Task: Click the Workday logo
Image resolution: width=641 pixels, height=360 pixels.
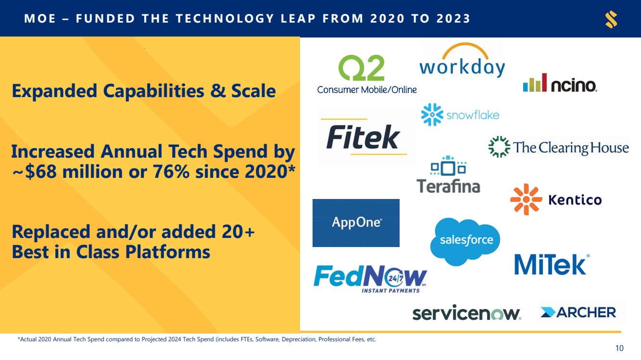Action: [462, 60]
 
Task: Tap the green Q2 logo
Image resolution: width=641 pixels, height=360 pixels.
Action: [361, 68]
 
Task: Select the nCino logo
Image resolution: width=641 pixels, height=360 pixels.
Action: [560, 83]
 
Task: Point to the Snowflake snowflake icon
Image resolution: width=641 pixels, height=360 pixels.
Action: [432, 115]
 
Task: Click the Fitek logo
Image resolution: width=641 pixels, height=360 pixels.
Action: [364, 137]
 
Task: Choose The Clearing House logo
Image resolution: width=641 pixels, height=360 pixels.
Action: [559, 147]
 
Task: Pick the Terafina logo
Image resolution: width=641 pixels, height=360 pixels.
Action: [449, 174]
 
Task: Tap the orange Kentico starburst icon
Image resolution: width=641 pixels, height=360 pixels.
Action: [526, 199]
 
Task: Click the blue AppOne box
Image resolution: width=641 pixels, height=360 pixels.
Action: [356, 223]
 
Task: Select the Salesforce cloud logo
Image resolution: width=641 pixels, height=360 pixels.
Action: [465, 241]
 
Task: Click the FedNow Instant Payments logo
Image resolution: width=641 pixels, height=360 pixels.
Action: [370, 279]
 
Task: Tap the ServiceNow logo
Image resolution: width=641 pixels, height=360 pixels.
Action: [466, 312]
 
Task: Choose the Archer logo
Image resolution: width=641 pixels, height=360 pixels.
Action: [578, 312]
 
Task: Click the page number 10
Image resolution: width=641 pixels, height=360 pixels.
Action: [619, 348]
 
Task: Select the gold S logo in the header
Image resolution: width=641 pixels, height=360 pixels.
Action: [611, 19]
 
